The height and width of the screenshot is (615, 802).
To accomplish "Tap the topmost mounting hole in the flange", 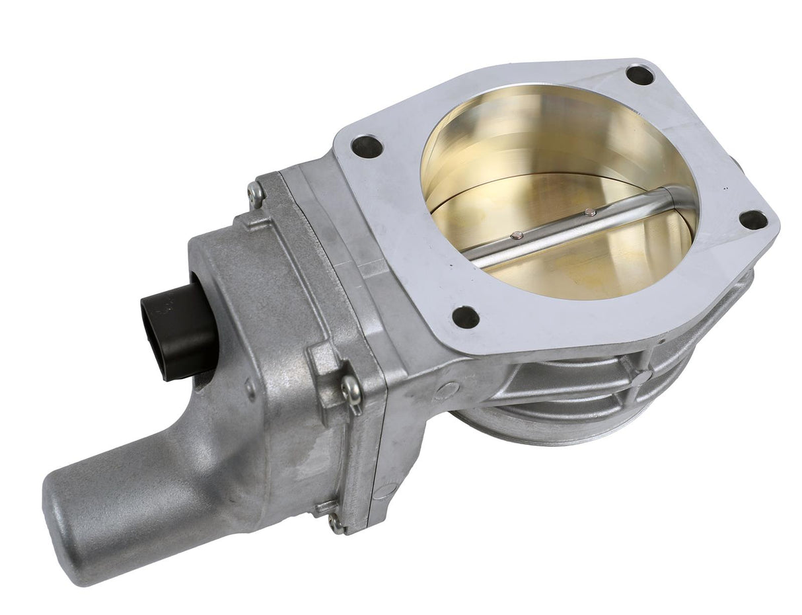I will pos(639,75).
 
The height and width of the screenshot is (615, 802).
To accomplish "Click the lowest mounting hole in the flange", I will pos(466,317).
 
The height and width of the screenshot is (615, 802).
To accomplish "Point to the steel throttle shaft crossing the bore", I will pos(568,228).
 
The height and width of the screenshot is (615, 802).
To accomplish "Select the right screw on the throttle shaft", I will pos(589,212).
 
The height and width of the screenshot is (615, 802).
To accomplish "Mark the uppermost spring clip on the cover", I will pos(256,192).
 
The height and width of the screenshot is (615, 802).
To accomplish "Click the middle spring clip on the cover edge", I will pos(350,390).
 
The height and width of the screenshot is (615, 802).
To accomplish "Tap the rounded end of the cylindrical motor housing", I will pos(73,529).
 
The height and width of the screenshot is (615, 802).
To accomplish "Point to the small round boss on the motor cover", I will pos(250,388).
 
